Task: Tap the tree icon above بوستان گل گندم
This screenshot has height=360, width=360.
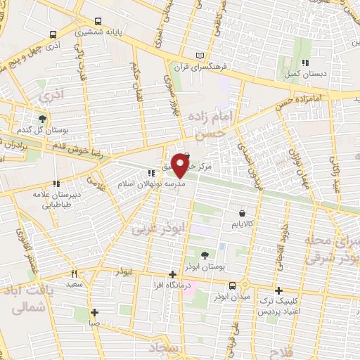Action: (42, 118)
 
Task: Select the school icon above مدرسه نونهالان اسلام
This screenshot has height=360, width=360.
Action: (150, 172)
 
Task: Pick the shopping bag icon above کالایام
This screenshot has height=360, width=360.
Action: (243, 212)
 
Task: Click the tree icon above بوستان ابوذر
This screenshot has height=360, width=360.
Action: (205, 255)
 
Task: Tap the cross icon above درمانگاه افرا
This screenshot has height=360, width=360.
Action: (173, 275)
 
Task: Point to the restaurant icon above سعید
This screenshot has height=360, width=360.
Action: (74, 274)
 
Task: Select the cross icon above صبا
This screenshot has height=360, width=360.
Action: (94, 313)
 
